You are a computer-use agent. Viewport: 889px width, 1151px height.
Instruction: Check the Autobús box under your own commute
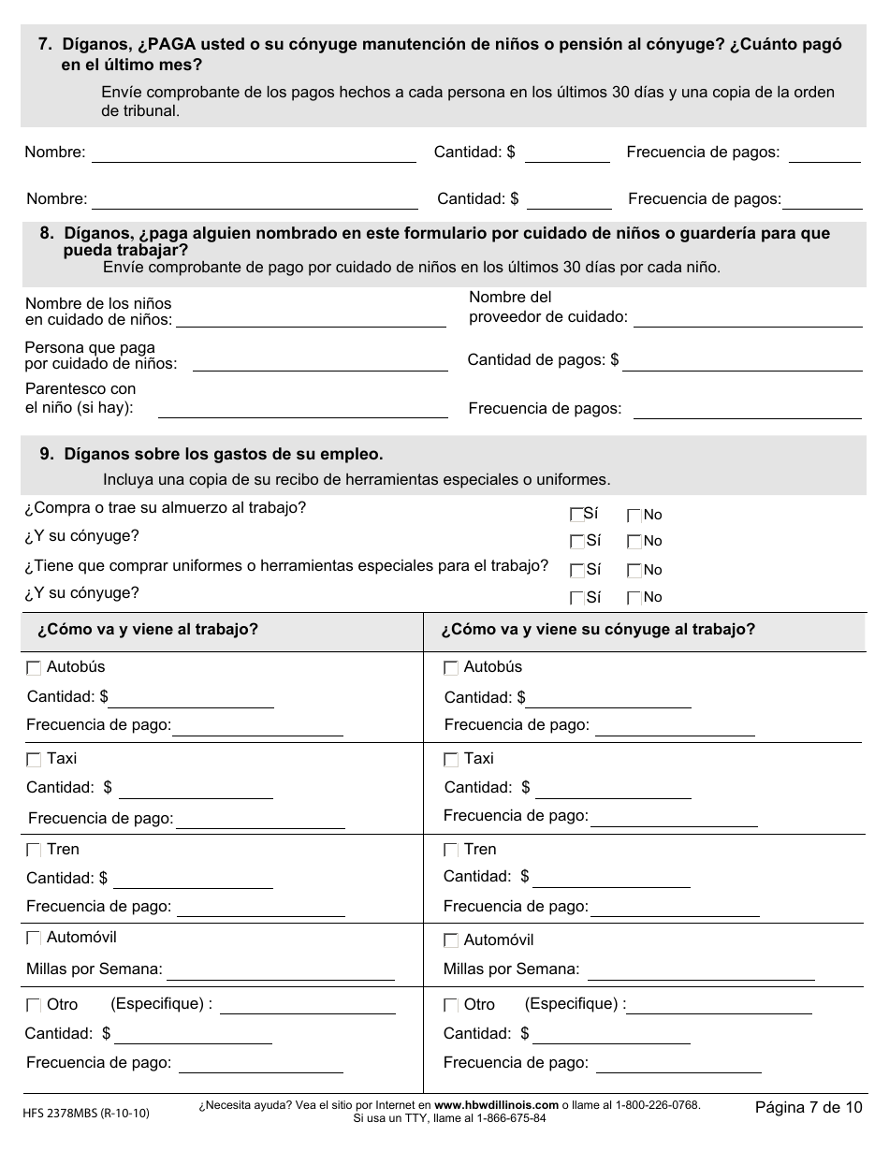tap(35, 668)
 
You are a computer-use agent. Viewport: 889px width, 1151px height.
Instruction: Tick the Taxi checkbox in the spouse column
tap(451, 760)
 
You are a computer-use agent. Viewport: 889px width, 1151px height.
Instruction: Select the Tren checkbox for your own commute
tap(35, 851)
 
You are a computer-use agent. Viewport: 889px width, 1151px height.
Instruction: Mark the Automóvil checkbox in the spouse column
tap(451, 940)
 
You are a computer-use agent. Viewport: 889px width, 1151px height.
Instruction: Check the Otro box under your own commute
tap(35, 1005)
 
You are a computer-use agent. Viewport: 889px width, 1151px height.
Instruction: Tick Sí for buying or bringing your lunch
tap(576, 515)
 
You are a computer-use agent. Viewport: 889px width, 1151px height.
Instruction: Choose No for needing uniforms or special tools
tap(634, 570)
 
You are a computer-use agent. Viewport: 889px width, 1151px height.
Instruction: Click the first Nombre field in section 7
tap(253, 153)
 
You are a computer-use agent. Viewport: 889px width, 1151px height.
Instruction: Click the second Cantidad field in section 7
tap(569, 199)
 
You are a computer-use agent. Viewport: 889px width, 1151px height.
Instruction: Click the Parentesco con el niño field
tap(302, 408)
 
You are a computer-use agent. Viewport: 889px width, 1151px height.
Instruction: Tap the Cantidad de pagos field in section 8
tap(741, 360)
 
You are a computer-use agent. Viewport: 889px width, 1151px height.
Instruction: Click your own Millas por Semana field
tap(280, 969)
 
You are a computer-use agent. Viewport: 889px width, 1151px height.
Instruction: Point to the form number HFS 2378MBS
tap(84, 1113)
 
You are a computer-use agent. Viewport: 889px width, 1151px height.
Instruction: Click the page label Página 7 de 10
tap(809, 1108)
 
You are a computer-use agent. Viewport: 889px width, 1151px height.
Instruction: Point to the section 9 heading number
tap(46, 455)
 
